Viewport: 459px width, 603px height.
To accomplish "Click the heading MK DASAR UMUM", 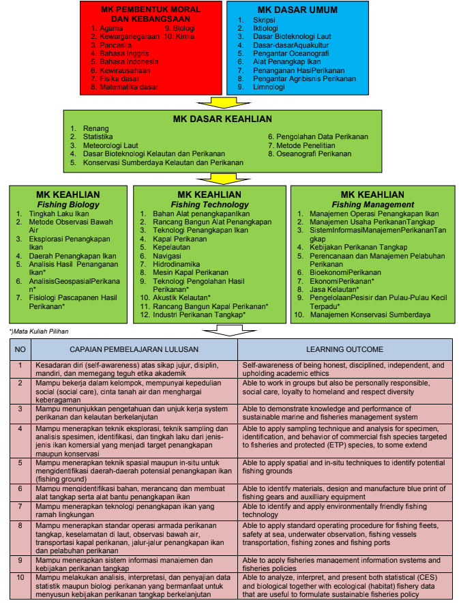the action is (x=297, y=10).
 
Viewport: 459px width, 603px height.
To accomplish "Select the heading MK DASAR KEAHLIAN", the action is (x=222, y=119).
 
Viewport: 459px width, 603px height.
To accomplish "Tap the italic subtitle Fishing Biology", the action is (x=68, y=205).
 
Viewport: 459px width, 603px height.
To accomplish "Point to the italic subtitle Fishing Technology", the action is (x=209, y=205).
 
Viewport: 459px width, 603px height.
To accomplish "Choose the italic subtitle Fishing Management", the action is (x=372, y=205).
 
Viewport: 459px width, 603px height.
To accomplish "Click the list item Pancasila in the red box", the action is (x=115, y=45).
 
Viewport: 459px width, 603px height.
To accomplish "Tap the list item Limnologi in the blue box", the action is (x=269, y=87).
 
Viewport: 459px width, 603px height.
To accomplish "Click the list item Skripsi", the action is (x=264, y=20).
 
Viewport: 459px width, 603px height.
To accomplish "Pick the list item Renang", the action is (x=95, y=128).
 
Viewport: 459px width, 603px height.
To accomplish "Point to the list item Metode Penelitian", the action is (x=306, y=145).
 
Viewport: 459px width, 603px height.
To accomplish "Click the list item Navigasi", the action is (x=167, y=256).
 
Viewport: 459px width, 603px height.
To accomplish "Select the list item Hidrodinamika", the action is (x=176, y=264).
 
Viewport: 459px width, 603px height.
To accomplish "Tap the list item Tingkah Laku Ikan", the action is (x=59, y=214).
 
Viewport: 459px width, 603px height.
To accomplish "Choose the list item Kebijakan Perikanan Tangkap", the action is (x=359, y=248).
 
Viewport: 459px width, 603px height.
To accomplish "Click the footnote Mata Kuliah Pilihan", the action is (x=39, y=331).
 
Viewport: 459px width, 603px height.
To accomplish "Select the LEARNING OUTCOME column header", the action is (x=344, y=349).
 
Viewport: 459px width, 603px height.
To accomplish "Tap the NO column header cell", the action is (x=20, y=349).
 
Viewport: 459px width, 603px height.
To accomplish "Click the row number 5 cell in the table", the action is (x=20, y=471).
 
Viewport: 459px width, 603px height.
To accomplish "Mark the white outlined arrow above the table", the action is (x=229, y=330).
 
